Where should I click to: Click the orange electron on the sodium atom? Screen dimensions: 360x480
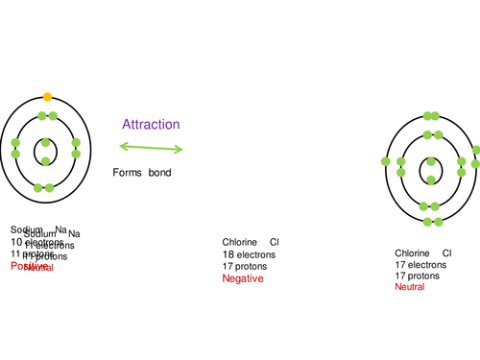[x=46, y=97]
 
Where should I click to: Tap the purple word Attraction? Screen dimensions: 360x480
[x=151, y=125]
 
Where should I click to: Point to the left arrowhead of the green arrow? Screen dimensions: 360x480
[x=123, y=146]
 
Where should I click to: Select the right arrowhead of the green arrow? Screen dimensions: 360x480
[x=180, y=150]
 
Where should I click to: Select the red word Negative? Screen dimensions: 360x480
[x=242, y=278]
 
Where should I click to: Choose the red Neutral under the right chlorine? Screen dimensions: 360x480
[x=409, y=287]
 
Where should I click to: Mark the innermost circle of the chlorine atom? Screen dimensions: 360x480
[x=429, y=171]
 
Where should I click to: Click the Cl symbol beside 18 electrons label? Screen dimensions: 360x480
[x=274, y=242]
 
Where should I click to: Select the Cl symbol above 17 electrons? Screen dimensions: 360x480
[x=446, y=252]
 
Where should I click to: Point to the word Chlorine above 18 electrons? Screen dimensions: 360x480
[x=240, y=242]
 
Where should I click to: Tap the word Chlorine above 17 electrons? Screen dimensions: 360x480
[x=413, y=252]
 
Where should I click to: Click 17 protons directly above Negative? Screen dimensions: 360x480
[x=245, y=266]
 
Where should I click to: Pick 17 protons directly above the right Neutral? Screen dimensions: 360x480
[x=418, y=276]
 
